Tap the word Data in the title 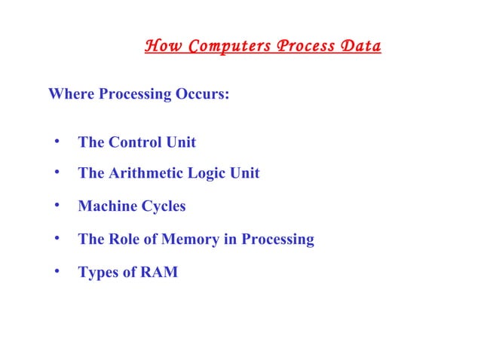pos(360,47)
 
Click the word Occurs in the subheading pos(201,96)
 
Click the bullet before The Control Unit pos(57,142)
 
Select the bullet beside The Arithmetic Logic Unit pos(57,173)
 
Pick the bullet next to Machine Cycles pos(57,206)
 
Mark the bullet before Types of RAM pos(57,272)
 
